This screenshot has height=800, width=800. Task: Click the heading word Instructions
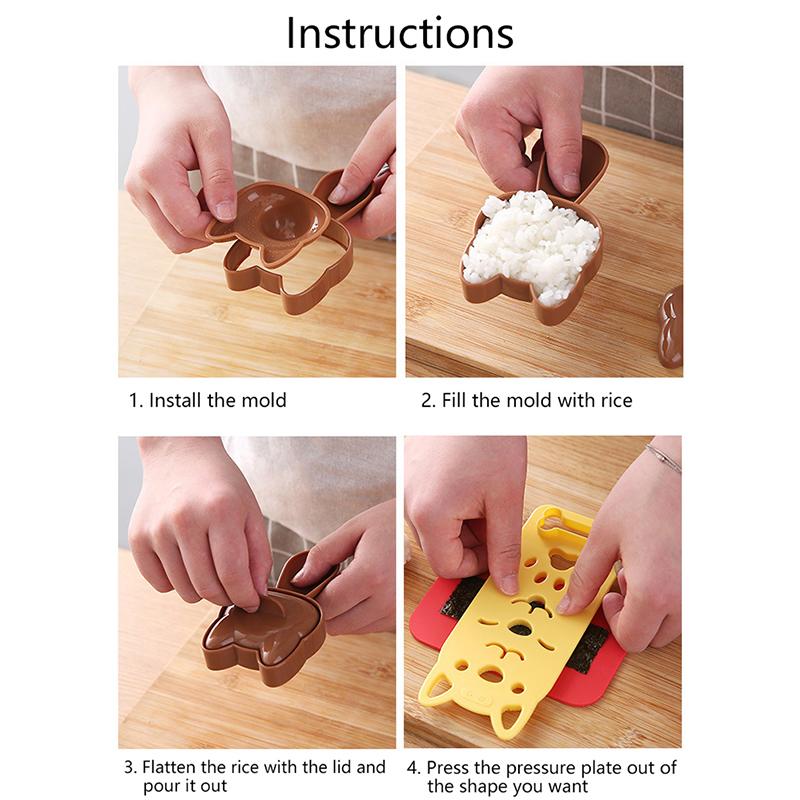400,33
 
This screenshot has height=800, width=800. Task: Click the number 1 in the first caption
134,401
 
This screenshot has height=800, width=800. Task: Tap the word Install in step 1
176,401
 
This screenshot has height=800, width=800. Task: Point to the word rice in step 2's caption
613,401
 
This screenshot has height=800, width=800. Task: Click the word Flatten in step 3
174,768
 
